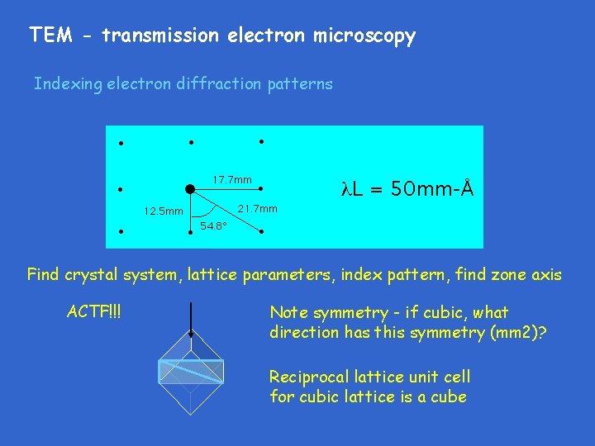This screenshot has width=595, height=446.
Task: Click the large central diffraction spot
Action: (x=190, y=189)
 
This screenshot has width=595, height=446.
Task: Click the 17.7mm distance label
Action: (x=232, y=180)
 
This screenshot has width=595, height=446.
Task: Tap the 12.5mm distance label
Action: (x=163, y=211)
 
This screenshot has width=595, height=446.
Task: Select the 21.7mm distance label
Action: (x=257, y=208)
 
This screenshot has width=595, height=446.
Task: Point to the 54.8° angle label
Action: (x=213, y=226)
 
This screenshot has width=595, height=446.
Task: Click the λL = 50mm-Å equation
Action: (x=407, y=189)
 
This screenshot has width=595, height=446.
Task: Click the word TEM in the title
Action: (x=47, y=36)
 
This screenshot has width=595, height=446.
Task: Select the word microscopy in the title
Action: (x=364, y=36)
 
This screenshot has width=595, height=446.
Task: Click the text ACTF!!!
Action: (x=97, y=313)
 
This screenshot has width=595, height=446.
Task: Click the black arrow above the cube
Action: (x=191, y=318)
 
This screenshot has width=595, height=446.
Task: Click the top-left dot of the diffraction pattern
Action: (x=120, y=143)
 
